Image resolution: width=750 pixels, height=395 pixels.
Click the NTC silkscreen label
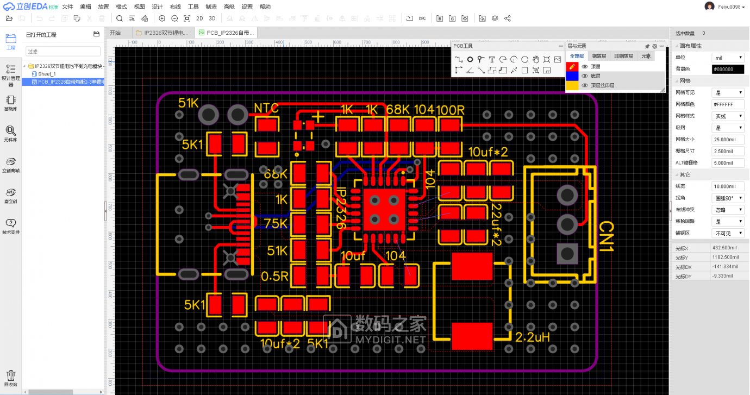tap(266, 108)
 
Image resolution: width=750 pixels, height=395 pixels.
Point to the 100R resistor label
tap(450, 110)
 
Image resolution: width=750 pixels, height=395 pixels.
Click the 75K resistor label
tap(276, 224)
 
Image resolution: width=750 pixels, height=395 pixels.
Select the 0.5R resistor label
tap(274, 276)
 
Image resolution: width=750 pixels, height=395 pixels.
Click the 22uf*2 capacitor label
tap(496, 224)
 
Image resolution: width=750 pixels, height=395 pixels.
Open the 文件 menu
tap(67, 7)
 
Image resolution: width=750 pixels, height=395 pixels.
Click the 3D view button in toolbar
tap(212, 18)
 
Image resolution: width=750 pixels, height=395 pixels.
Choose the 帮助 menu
tap(265, 7)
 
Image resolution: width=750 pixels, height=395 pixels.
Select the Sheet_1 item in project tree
tap(47, 74)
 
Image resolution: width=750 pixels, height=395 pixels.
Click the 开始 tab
tap(115, 33)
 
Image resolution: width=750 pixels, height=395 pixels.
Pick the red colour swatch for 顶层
tap(572, 66)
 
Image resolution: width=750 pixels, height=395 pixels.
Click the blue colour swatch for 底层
tap(572, 76)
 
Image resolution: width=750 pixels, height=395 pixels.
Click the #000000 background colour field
tap(728, 69)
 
